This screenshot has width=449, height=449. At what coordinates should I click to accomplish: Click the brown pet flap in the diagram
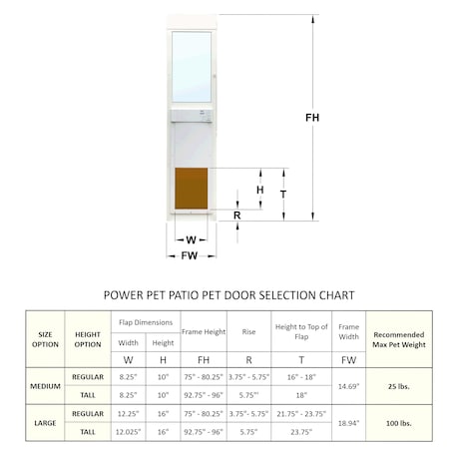click(192, 188)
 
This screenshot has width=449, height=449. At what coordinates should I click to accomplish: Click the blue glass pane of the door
click(192, 65)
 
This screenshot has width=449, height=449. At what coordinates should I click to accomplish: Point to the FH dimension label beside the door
click(312, 118)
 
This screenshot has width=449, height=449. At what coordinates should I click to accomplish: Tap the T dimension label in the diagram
click(283, 194)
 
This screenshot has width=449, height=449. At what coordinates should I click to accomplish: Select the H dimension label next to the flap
click(260, 189)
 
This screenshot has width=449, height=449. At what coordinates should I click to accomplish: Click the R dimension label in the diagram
click(236, 216)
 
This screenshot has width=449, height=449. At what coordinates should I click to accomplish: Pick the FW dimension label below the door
click(189, 255)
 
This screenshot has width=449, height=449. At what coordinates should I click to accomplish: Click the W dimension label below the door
click(190, 239)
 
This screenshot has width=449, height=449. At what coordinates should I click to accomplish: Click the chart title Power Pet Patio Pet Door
click(229, 295)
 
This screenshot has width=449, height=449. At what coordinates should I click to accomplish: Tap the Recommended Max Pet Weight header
click(398, 339)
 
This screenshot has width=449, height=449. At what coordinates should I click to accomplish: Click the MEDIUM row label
click(46, 386)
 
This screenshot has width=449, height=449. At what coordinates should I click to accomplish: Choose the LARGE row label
click(46, 422)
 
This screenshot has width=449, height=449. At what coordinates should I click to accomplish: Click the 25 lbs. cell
click(398, 386)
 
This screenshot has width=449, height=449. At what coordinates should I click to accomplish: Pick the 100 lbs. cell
click(398, 422)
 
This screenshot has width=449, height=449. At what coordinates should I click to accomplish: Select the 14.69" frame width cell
click(349, 386)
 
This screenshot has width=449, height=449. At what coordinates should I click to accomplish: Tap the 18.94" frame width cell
click(349, 422)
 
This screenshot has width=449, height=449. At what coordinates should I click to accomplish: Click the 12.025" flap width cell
click(128, 432)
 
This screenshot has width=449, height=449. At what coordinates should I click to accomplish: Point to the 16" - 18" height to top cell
click(300, 378)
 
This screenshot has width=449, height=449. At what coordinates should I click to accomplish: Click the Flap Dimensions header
click(146, 322)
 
